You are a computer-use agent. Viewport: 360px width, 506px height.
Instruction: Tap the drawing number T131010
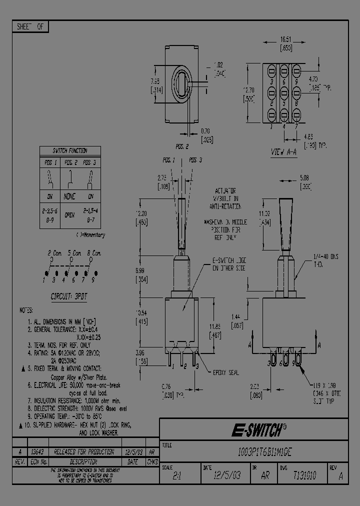click(304, 475)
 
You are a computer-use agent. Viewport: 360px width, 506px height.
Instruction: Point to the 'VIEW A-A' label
click(283, 151)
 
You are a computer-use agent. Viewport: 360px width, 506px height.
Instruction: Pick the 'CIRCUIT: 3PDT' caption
click(69, 296)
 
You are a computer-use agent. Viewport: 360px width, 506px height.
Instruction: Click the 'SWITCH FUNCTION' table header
click(70, 150)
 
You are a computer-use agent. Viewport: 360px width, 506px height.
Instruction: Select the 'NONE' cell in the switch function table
click(70, 196)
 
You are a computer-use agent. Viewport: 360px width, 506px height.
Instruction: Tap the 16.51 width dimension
click(285, 38)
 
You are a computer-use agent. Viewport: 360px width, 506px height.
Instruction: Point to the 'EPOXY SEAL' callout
click(225, 372)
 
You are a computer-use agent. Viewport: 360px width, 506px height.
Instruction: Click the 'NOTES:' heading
click(26, 310)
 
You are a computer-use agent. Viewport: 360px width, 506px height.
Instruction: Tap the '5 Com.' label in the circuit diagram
click(72, 253)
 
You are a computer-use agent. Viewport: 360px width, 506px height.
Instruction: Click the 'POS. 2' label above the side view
click(181, 147)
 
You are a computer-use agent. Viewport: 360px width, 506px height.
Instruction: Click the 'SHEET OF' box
click(30, 27)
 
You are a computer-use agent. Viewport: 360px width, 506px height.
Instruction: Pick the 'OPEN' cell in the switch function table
click(69, 215)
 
